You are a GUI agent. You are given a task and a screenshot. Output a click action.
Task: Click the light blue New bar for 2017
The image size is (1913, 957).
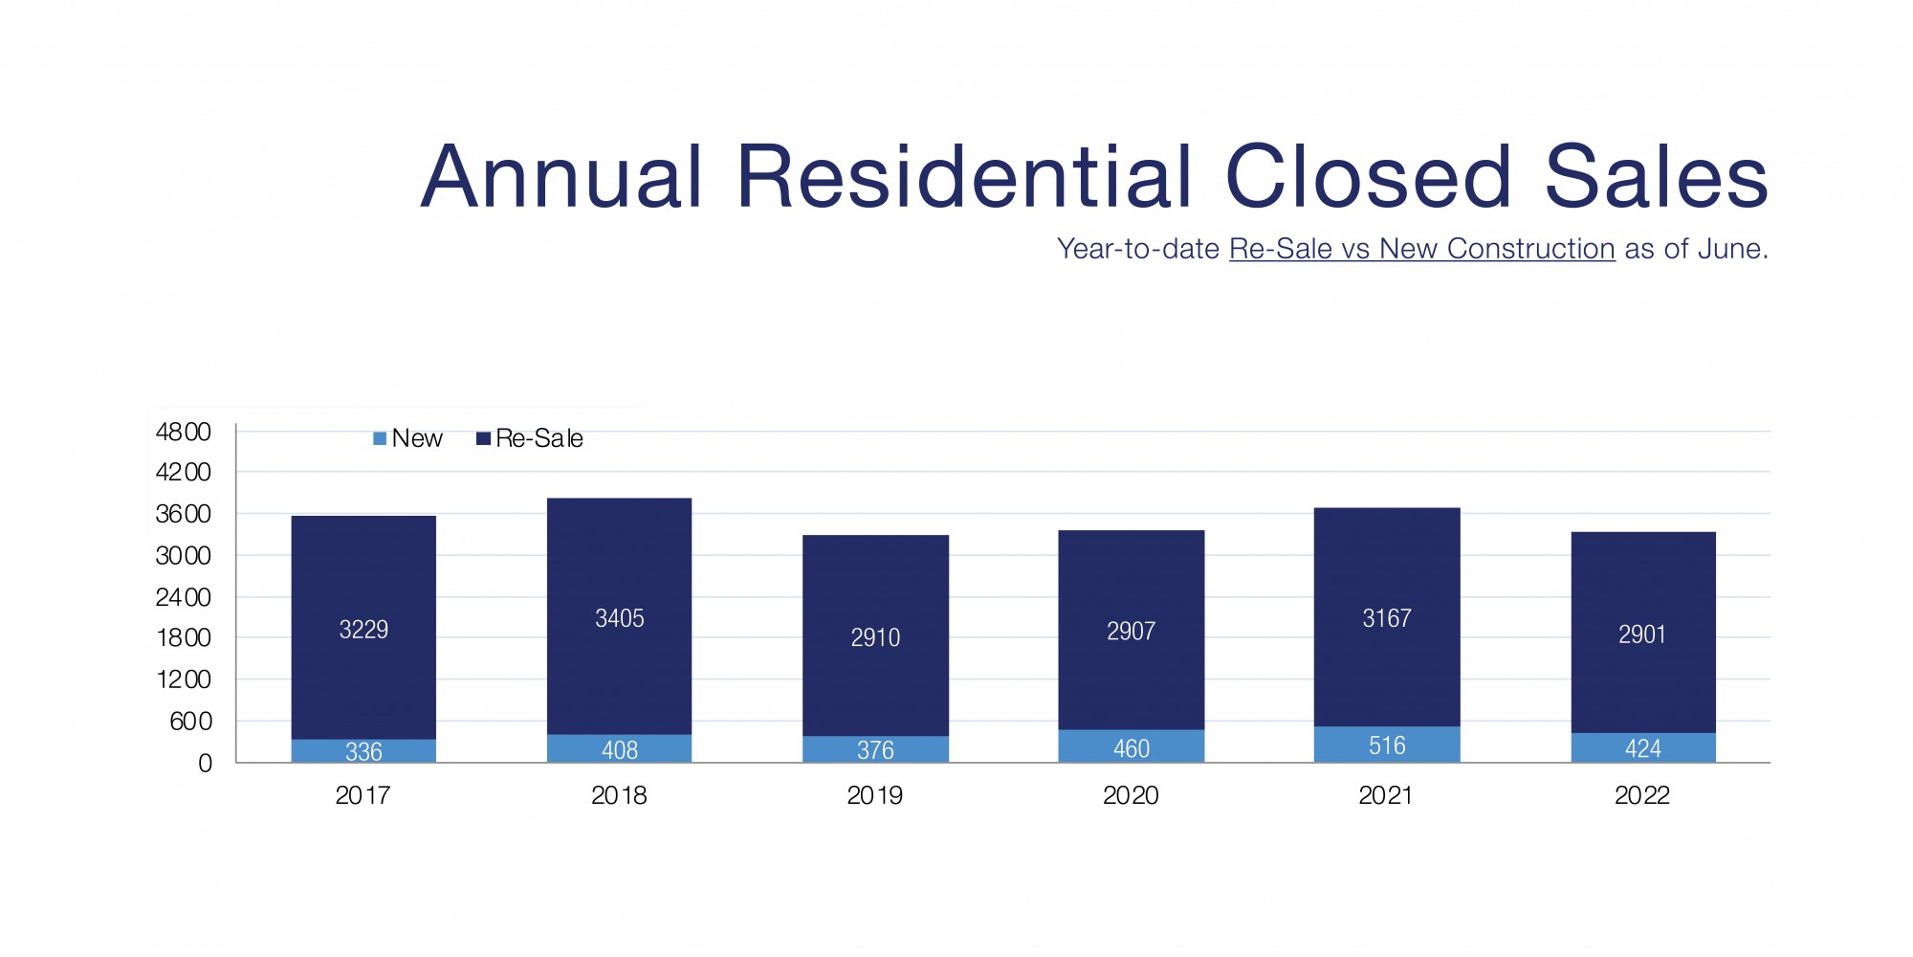[363, 751]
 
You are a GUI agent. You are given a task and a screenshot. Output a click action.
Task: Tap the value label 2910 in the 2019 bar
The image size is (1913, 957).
[875, 637]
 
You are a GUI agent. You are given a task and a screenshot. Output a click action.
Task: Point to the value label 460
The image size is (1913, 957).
[1131, 748]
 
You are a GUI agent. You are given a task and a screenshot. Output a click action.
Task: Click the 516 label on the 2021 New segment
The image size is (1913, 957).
[1387, 746]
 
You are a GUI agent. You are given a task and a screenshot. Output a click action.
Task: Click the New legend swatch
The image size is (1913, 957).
[380, 438]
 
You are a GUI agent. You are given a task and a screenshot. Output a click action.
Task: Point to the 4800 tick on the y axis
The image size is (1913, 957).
[184, 432]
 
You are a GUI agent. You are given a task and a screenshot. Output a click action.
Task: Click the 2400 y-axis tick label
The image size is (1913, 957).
[184, 597]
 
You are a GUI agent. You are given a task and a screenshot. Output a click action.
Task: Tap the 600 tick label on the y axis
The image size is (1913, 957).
[190, 722]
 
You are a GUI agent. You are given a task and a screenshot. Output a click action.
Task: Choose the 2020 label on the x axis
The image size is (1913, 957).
[1131, 795]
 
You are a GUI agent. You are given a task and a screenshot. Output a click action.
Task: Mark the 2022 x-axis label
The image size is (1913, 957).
[1642, 795]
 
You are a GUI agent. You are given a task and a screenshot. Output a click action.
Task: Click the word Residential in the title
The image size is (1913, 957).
[964, 177]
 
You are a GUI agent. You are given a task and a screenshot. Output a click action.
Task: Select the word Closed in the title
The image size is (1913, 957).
[1368, 177]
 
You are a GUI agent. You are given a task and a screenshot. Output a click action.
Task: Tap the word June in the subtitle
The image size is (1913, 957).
[1729, 249]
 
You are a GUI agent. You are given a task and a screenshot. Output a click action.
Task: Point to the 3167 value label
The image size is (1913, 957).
[1387, 618]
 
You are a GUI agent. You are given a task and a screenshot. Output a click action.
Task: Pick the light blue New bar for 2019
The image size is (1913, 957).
[875, 749]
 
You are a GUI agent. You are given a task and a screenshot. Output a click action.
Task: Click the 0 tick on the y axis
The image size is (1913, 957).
[205, 764]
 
